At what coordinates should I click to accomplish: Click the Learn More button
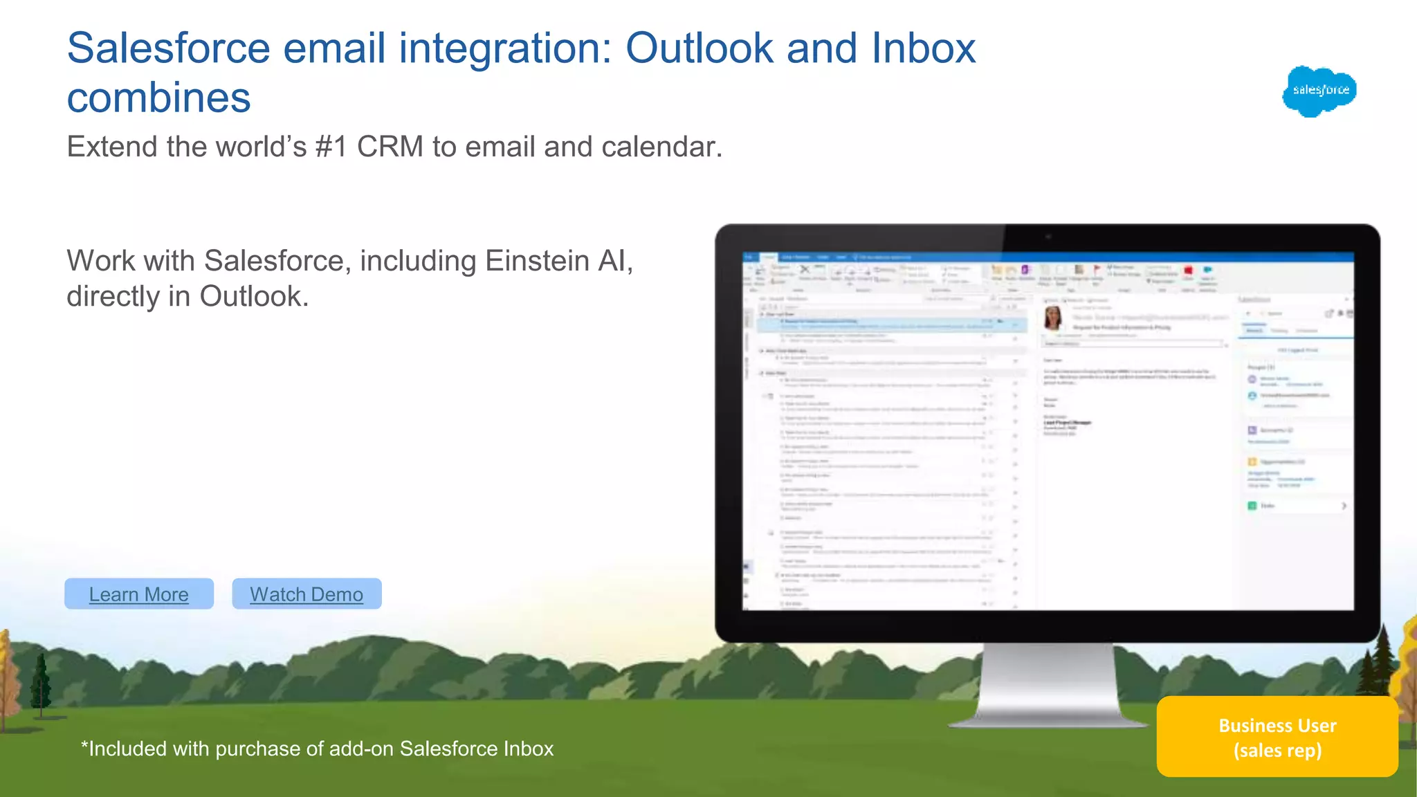[x=139, y=594]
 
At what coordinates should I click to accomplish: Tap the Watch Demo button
[x=307, y=594]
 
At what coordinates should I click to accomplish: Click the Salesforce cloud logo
[x=1319, y=91]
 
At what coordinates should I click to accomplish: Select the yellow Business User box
[x=1277, y=737]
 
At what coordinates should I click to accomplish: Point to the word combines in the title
[x=158, y=98]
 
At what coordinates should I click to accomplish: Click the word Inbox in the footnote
[x=528, y=749]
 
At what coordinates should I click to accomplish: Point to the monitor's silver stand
[x=1048, y=685]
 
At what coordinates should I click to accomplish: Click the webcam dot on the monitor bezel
[x=1048, y=237]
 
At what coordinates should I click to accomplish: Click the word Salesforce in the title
[x=168, y=48]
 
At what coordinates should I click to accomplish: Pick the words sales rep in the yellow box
[x=1277, y=751]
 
